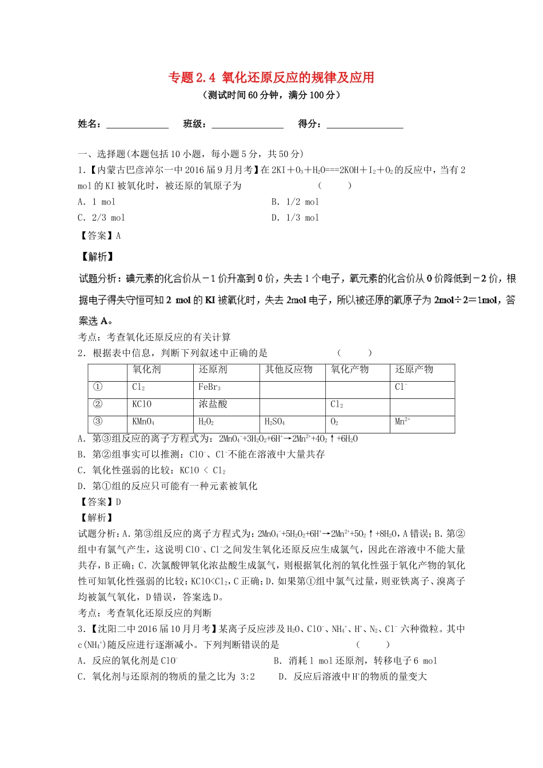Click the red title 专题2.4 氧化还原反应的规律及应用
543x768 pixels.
pyautogui.click(x=271, y=77)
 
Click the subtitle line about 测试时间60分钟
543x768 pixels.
pyautogui.click(x=271, y=95)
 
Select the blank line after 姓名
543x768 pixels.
pyautogui.click(x=137, y=125)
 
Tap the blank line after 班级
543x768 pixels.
pyautogui.click(x=247, y=125)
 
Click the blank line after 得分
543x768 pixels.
pyautogui.click(x=365, y=125)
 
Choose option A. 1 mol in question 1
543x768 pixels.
pyautogui.click(x=97, y=202)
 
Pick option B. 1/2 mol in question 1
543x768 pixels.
pyautogui.click(x=295, y=202)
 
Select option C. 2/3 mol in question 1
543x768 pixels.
pyautogui.click(x=101, y=218)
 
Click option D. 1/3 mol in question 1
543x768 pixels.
pyautogui.click(x=295, y=218)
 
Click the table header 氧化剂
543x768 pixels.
pyautogui.click(x=146, y=370)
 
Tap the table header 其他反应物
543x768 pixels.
pyautogui.click(x=289, y=370)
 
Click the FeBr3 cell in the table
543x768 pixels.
pyautogui.click(x=209, y=387)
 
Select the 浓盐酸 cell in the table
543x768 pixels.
pyautogui.click(x=213, y=404)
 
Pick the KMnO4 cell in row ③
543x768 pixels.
pyautogui.click(x=143, y=422)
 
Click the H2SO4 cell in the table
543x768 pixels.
pyautogui.click(x=274, y=422)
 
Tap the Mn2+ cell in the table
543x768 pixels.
pyautogui.click(x=402, y=422)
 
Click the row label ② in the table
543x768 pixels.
pyautogui.click(x=98, y=404)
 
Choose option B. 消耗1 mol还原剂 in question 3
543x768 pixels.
pyautogui.click(x=355, y=661)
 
